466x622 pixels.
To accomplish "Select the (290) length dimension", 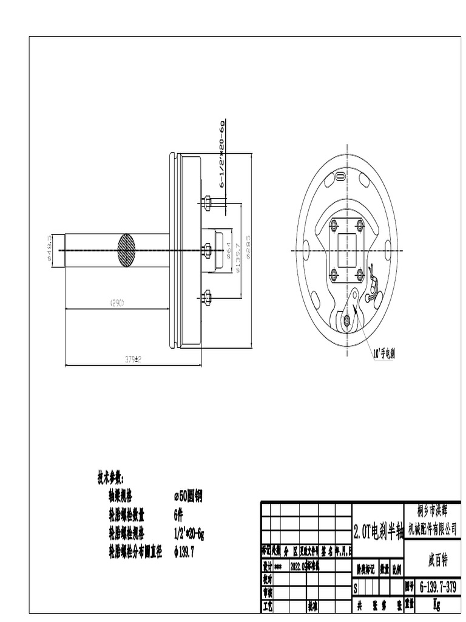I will (x=116, y=302).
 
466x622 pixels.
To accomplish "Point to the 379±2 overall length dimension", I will (x=133, y=359).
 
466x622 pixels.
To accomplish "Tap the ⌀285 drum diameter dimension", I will (x=249, y=250).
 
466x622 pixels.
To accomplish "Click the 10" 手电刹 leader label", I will (x=383, y=352).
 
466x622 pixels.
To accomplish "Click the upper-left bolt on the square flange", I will (x=333, y=225).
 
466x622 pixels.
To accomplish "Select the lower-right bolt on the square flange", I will (x=360, y=274).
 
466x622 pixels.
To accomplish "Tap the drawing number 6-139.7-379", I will (x=437, y=587).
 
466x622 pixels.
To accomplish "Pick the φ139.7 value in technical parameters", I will (x=184, y=552).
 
